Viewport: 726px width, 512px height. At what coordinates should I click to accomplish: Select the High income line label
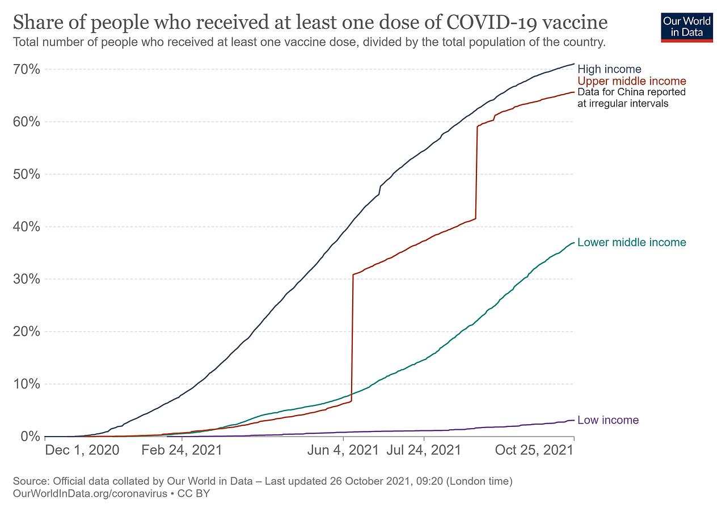609,70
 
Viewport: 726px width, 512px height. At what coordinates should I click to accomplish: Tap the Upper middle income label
631,81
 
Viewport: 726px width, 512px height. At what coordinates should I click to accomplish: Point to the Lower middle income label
631,243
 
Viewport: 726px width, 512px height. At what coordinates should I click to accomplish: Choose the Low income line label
608,420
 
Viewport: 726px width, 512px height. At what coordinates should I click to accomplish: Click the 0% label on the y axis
29,437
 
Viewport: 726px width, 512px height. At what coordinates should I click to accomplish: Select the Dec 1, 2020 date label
82,451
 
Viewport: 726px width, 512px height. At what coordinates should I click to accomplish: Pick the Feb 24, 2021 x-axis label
181,451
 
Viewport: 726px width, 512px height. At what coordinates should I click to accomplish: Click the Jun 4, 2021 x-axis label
342,451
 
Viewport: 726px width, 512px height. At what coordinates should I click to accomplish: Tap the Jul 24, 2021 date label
424,451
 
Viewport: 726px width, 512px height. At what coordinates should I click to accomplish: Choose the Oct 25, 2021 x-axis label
534,451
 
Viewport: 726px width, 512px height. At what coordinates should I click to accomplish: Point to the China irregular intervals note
631,98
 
